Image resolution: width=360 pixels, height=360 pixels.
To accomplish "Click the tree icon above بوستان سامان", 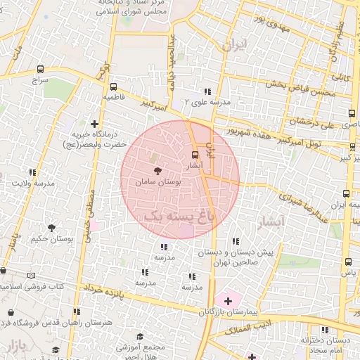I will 157,170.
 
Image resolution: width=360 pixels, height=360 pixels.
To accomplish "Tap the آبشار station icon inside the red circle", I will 195,155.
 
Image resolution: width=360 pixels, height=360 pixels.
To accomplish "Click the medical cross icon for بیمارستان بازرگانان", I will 228,300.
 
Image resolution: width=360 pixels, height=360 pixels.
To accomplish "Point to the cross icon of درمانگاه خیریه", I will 95,124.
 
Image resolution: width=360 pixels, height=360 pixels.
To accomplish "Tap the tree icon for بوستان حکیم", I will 51,227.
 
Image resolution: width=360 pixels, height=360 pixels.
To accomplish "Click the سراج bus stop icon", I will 39,70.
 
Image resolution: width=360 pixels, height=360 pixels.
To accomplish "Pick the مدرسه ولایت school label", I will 34,184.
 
